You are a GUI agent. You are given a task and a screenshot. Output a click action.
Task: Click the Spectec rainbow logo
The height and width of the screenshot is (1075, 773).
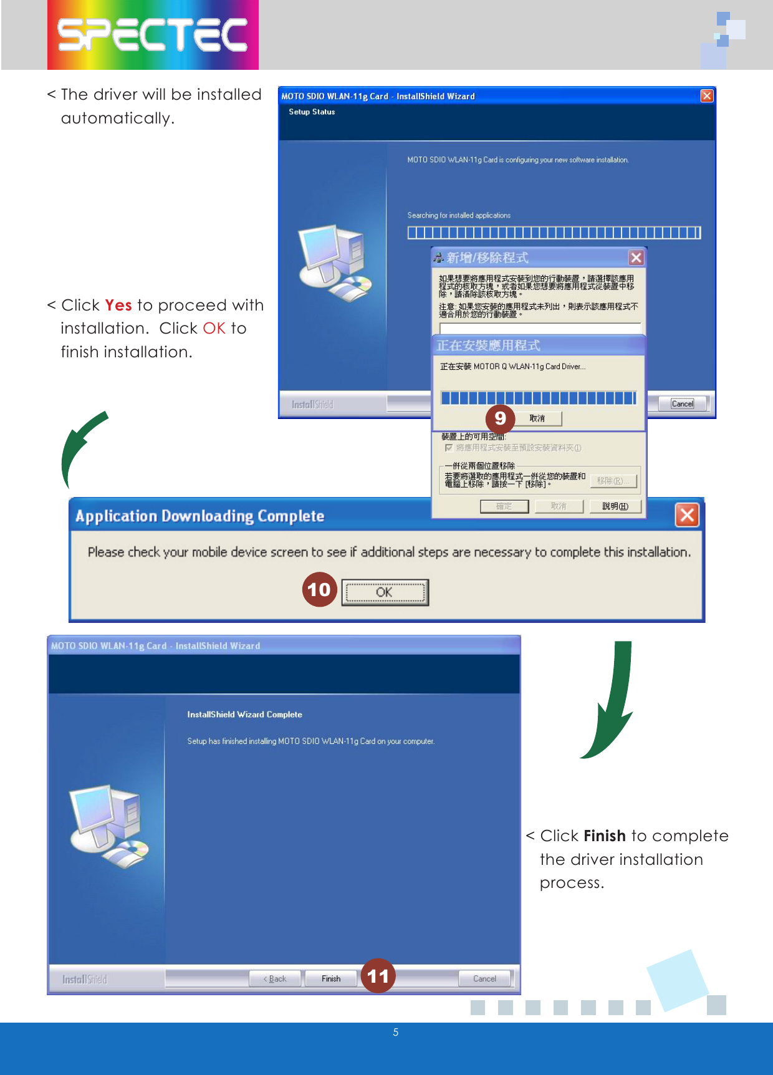(x=153, y=35)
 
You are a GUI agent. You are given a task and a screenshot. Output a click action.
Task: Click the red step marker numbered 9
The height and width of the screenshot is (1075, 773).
(x=500, y=418)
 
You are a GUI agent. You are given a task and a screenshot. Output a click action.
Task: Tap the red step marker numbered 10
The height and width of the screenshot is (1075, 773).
(x=319, y=589)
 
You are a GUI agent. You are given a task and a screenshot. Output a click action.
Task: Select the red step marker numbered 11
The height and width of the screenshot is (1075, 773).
(x=378, y=976)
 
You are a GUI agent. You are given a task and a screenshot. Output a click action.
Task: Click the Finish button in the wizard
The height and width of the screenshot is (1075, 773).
(x=331, y=978)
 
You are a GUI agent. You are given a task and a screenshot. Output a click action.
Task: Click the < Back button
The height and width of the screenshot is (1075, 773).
(x=275, y=978)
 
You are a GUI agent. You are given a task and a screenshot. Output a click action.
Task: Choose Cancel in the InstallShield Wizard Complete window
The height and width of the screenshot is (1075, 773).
(x=484, y=978)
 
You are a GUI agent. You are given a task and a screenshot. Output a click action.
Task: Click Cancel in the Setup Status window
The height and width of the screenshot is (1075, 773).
(x=682, y=403)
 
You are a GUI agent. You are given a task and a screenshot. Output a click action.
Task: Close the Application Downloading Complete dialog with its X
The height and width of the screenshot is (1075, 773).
(x=687, y=515)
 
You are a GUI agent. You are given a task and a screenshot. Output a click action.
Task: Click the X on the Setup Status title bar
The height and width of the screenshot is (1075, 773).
(x=706, y=96)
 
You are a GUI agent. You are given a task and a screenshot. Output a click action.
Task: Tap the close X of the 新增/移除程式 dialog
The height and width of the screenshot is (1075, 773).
(x=636, y=258)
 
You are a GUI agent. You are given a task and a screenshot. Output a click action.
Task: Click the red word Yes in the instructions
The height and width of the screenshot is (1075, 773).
(x=118, y=305)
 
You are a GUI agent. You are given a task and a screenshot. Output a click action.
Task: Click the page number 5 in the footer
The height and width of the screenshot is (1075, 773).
(x=396, y=1032)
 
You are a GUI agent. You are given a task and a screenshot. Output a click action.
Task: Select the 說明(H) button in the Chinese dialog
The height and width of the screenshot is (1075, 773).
(x=615, y=506)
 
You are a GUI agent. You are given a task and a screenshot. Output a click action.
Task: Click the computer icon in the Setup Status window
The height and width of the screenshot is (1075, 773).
(x=334, y=263)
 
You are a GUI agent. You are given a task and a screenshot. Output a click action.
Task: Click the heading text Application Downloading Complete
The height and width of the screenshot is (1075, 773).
(x=199, y=516)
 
